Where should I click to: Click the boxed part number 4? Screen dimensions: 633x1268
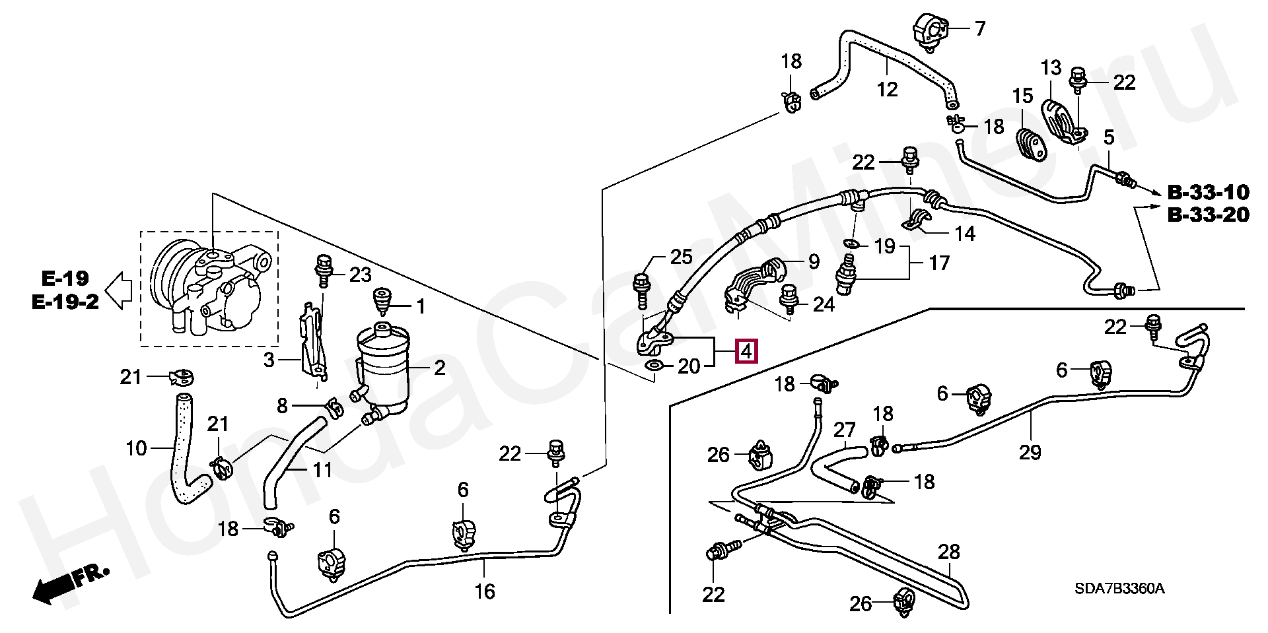[x=746, y=352]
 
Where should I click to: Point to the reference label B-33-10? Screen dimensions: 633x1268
[x=1208, y=193]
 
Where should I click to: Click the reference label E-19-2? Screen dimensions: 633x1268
[x=65, y=302]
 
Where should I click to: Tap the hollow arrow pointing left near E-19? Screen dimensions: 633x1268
[x=119, y=290]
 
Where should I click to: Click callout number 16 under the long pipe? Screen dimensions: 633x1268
[x=485, y=591]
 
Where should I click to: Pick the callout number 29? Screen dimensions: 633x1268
[x=1030, y=452]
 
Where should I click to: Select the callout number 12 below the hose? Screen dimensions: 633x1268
[x=887, y=88]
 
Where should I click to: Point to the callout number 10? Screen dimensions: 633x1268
[x=136, y=449]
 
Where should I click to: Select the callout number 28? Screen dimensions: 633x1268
[x=949, y=552]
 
